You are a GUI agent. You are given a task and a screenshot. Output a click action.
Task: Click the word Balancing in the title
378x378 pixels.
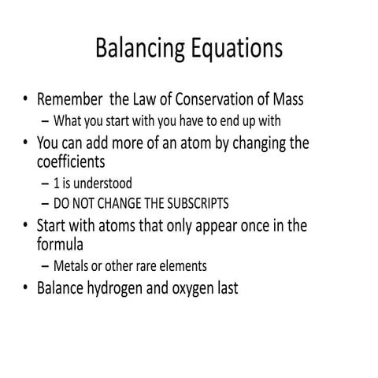[x=140, y=48]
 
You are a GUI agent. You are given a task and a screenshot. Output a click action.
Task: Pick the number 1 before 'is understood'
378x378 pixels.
[x=57, y=183]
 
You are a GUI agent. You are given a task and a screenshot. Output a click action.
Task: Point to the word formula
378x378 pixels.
[x=63, y=245]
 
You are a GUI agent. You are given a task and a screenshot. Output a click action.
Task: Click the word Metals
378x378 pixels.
[x=72, y=266]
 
